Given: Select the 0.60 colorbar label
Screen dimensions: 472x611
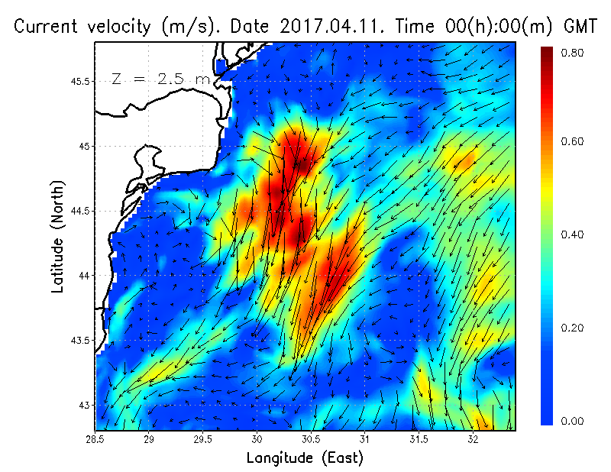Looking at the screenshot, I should point(573,141).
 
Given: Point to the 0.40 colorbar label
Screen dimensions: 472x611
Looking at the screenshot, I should point(573,234).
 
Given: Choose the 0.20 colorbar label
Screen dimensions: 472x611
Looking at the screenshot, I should point(573,328).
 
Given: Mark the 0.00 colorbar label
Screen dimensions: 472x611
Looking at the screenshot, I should point(573,421).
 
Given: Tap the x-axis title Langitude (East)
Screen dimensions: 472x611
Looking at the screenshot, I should point(305,457).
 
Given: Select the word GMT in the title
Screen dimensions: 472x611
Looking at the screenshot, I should point(579,27).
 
